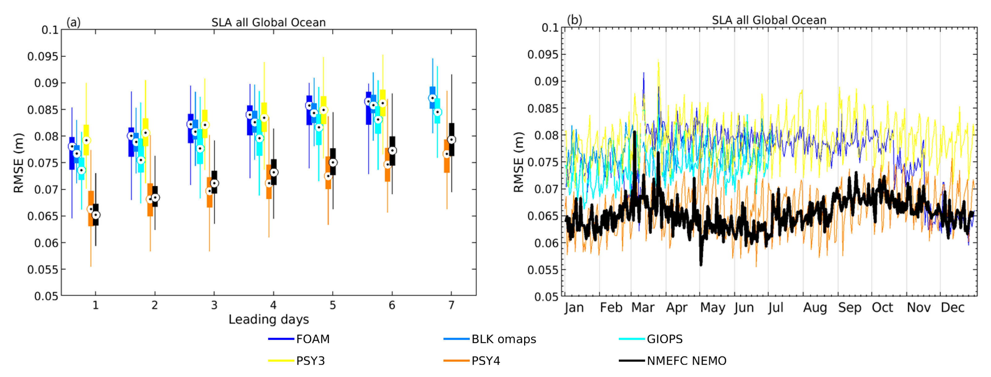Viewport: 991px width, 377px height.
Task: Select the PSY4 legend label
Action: click(x=485, y=361)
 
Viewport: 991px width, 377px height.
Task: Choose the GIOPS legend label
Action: click(x=664, y=339)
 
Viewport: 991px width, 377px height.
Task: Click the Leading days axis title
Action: click(x=269, y=319)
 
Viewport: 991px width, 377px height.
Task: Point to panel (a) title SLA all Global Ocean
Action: click(x=269, y=22)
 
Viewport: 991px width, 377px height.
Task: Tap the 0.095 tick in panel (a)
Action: click(x=43, y=57)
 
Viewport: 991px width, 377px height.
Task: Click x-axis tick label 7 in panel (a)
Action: click(x=451, y=305)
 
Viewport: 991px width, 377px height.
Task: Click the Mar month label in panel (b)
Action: click(x=642, y=308)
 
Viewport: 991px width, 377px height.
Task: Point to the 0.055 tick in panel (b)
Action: click(x=542, y=270)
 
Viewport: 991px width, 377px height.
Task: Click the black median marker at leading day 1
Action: click(x=96, y=215)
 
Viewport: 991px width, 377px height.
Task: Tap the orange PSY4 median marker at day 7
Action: click(x=447, y=154)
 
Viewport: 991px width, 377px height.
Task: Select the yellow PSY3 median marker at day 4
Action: click(x=264, y=118)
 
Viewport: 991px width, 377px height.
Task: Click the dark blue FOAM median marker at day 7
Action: click(x=433, y=98)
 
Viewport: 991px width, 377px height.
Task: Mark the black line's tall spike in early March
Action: click(x=634, y=133)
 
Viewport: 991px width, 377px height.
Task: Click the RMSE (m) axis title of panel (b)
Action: click(x=519, y=162)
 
